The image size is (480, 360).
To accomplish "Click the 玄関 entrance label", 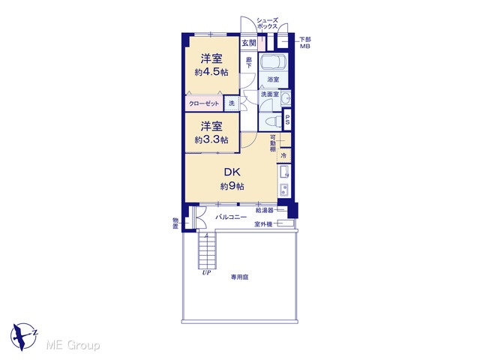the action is tap(249, 43).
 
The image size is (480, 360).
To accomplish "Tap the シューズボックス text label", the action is tap(267, 23).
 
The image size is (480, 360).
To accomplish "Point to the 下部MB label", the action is tap(305, 43).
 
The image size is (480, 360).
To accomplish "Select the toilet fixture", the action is tap(273, 121).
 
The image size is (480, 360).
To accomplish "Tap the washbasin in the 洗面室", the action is tap(286, 98).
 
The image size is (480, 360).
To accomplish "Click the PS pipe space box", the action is tap(287, 120).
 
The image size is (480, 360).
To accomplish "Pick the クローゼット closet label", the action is tap(204, 103).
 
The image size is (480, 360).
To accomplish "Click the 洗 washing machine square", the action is tap(232, 103).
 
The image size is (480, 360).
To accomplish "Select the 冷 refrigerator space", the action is tap(283, 155).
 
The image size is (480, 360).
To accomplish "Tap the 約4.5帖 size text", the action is tap(211, 72).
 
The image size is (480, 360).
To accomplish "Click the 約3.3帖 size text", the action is tap(211, 140).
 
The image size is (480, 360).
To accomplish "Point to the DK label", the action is tap(232, 172).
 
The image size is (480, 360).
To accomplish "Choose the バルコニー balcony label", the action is tap(231, 217).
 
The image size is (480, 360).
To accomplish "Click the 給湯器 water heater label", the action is tap(265, 210).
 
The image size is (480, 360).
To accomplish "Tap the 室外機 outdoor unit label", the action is tap(263, 224).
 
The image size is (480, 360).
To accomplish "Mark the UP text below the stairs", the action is tap(206, 272).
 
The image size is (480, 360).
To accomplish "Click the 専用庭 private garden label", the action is tap(240, 277).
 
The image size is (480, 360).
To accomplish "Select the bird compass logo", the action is tap(24, 337).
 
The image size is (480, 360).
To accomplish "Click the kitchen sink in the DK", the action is tap(283, 172).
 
